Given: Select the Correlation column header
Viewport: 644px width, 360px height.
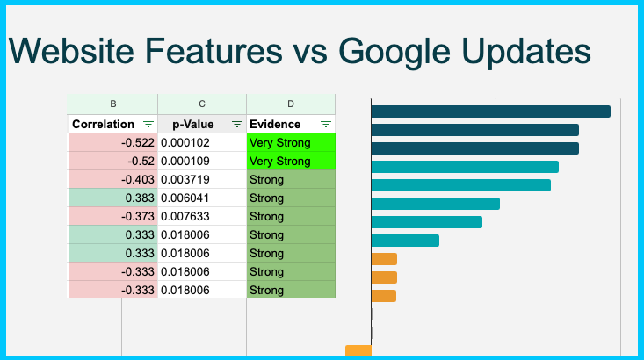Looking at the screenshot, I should (x=103, y=125).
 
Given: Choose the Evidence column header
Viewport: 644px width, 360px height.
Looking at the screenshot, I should (x=275, y=125).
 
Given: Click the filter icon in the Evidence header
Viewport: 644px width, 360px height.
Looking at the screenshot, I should (x=326, y=125).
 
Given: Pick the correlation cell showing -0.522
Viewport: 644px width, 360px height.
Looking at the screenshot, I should (x=113, y=143).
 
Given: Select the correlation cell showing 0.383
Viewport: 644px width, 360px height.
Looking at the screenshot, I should (x=113, y=198).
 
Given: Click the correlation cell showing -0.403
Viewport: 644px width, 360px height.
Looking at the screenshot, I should (x=113, y=180).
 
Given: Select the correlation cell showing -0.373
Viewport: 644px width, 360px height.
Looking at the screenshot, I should (x=113, y=217).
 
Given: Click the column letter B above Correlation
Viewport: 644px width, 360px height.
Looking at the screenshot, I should (x=113, y=104).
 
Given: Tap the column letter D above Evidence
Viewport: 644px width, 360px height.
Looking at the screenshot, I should (x=291, y=104).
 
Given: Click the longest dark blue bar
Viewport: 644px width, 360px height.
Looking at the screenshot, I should (x=490, y=112).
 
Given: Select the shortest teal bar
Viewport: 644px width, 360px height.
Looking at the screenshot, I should (x=405, y=241).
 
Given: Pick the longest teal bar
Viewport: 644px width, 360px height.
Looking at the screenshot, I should (x=465, y=167).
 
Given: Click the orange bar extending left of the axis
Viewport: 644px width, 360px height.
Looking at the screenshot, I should (x=358, y=351).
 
